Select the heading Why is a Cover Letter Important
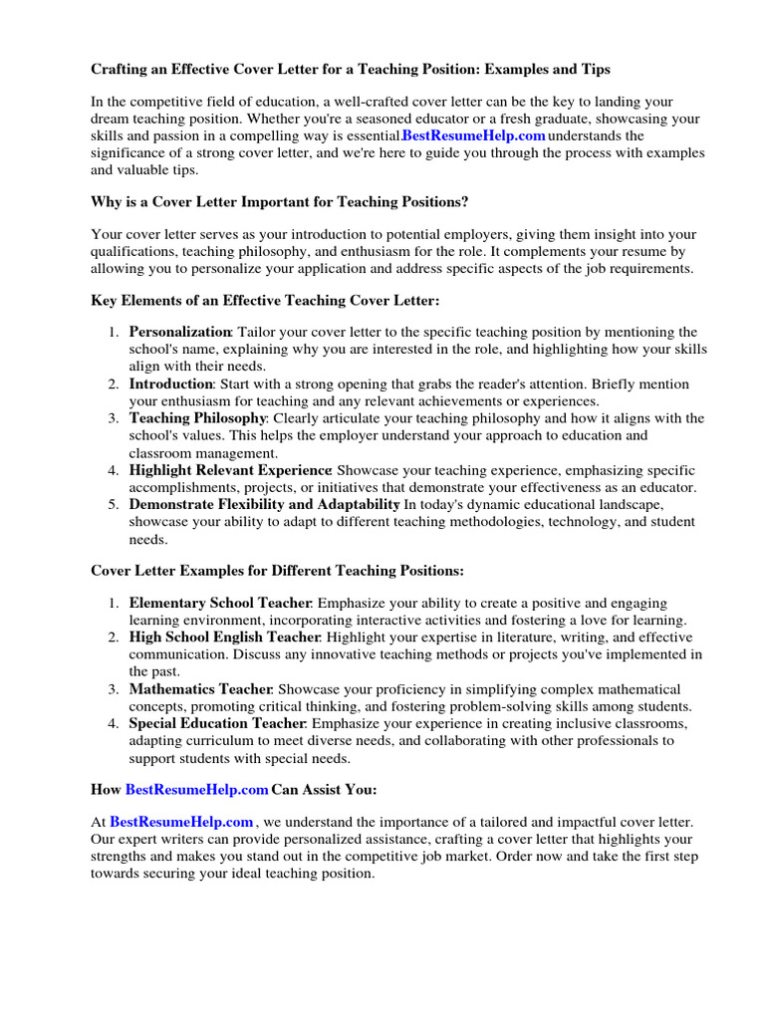pyautogui.click(x=279, y=201)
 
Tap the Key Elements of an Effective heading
pyautogui.click(x=264, y=300)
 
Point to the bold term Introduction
pyautogui.click(x=170, y=383)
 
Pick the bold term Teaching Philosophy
pyautogui.click(x=197, y=418)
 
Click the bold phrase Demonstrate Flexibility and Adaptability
pyautogui.click(x=264, y=505)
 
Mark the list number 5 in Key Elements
pyautogui.click(x=114, y=505)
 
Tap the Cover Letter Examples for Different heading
pyautogui.click(x=277, y=571)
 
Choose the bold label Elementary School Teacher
pyautogui.click(x=220, y=604)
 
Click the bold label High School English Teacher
pyautogui.click(x=224, y=637)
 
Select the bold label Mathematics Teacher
pyautogui.click(x=200, y=689)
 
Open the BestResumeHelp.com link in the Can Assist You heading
pyautogui.click(x=196, y=790)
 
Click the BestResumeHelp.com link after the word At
pyautogui.click(x=181, y=822)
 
